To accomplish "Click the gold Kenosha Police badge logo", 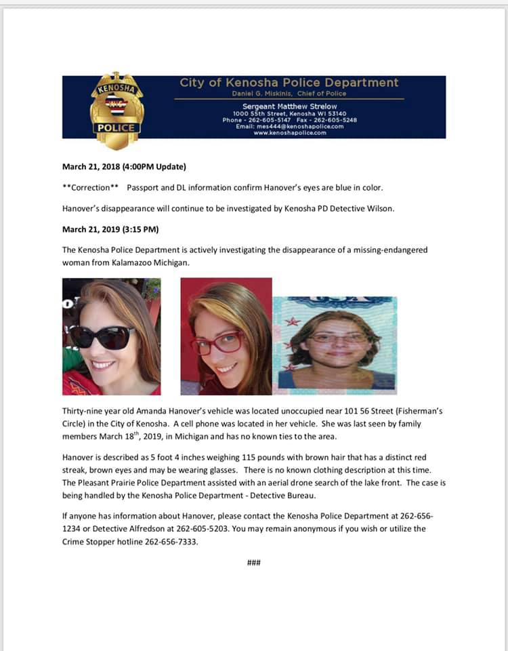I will click(117, 110).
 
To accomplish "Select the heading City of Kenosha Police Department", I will click(289, 83).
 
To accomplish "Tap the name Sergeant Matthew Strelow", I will click(289, 106).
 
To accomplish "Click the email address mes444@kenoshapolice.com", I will click(289, 126).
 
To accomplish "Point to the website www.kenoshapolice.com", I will click(289, 133).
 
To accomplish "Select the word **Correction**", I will click(90, 186).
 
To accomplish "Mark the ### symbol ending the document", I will click(254, 563).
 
